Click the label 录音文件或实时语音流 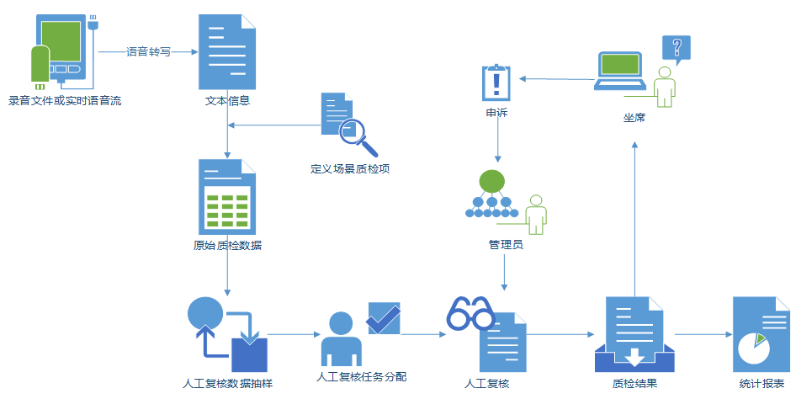(x=65, y=101)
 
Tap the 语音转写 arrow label (x=148, y=51)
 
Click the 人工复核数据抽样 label (x=227, y=384)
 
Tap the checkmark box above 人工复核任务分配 (x=384, y=318)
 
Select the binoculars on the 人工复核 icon (x=470, y=315)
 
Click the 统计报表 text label (x=762, y=384)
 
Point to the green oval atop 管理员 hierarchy (x=491, y=180)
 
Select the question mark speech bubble (x=676, y=48)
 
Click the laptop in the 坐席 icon (x=621, y=70)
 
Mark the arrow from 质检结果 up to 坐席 (x=635, y=219)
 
